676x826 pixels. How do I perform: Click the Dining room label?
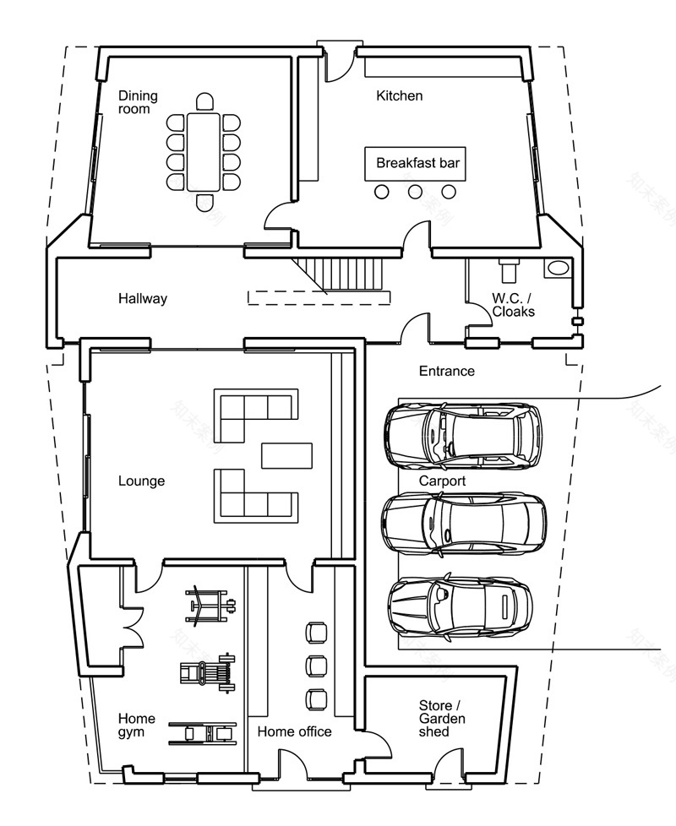pos(138,102)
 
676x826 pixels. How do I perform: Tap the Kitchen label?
pos(399,95)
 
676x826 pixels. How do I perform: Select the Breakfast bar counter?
pos(417,163)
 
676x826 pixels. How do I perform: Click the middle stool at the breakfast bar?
pos(415,193)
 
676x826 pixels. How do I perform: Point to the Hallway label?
pos(143,298)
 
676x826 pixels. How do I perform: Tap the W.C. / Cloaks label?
pos(514,304)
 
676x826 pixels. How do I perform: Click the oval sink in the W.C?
pos(559,269)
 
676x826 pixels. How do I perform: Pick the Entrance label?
pos(447,371)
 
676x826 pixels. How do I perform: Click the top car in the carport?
pos(463,435)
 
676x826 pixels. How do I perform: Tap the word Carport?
pos(442,481)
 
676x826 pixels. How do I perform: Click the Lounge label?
pos(141,481)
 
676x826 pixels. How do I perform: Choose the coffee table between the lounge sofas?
pos(287,454)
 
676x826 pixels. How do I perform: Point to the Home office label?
pos(294,731)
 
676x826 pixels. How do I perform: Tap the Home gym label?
pos(136,725)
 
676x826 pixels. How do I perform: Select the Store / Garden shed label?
pos(442,718)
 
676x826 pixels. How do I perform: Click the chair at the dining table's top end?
pos(204,103)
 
